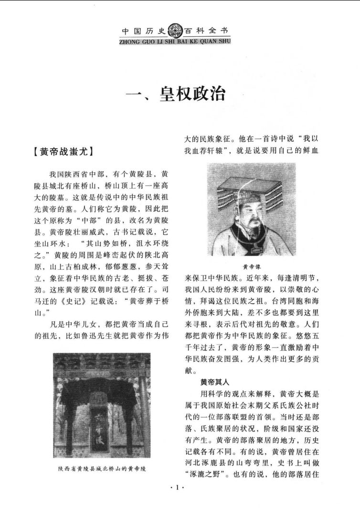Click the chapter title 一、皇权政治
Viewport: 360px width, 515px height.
pyautogui.click(x=175, y=94)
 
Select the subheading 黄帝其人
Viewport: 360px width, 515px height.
pyautogui.click(x=216, y=382)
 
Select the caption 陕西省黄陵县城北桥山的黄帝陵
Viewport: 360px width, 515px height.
pyautogui.click(x=102, y=468)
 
